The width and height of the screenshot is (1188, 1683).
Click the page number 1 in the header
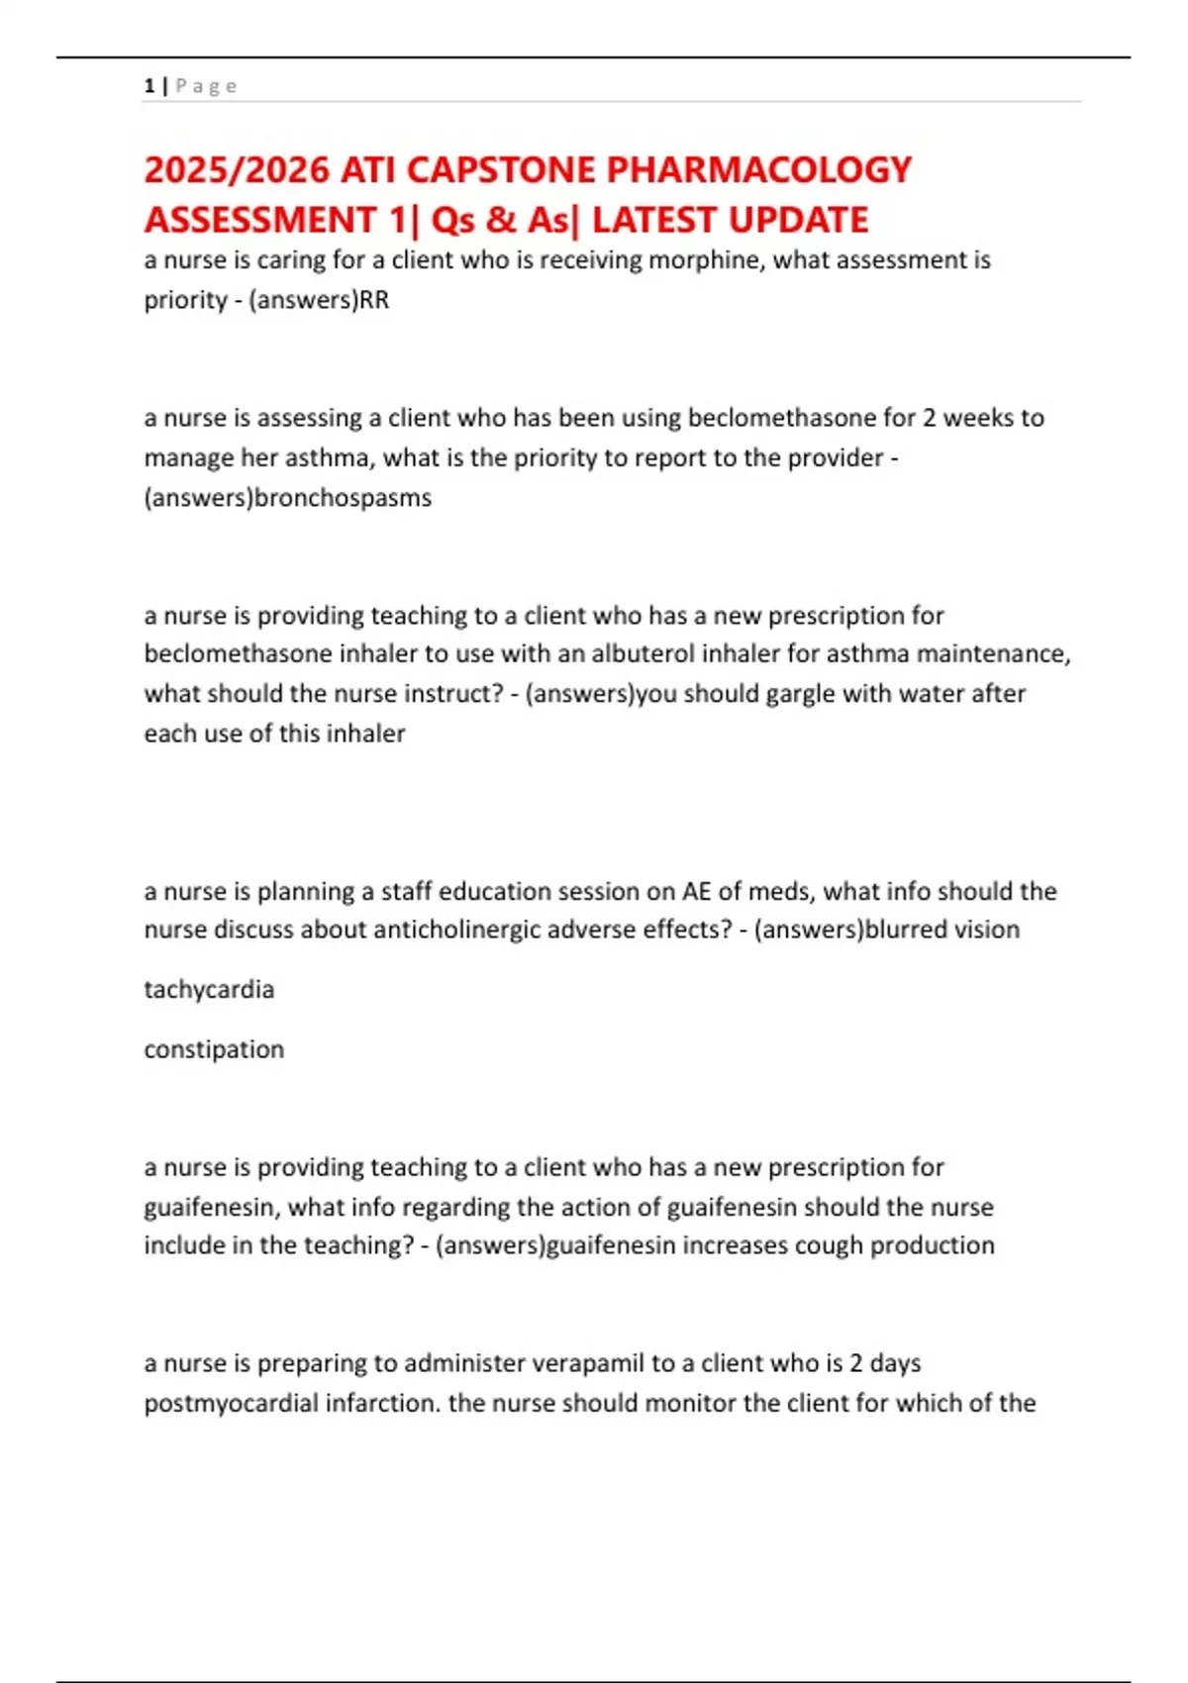coord(148,86)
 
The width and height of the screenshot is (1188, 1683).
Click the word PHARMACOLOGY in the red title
coord(758,170)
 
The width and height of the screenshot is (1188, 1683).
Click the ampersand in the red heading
coord(502,220)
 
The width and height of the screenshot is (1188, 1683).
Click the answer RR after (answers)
coord(374,300)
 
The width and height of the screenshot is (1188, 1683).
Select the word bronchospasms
coord(343,497)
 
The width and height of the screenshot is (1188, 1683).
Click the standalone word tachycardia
coord(209,989)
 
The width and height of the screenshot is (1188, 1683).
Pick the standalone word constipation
coord(214,1049)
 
